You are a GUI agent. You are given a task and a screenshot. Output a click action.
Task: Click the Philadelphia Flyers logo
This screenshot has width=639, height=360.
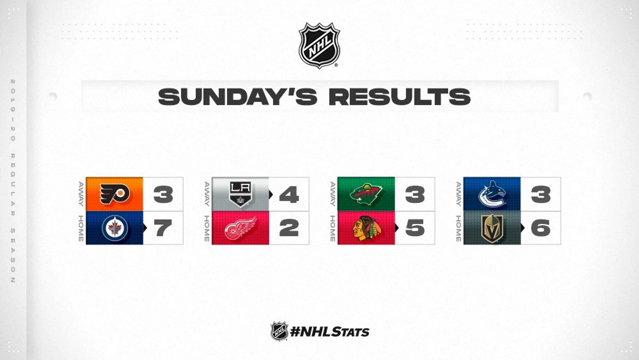tap(115, 194)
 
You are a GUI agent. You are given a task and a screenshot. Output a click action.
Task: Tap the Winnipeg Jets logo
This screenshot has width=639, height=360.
tap(115, 228)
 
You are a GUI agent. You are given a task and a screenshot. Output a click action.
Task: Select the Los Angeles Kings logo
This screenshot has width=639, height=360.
tap(240, 194)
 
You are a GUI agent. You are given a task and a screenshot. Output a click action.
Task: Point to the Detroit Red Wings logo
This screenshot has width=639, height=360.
tap(240, 228)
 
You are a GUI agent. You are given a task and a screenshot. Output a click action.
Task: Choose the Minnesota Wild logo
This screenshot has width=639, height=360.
tap(366, 194)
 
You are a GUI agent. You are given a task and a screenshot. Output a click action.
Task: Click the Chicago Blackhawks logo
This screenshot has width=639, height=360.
tap(366, 228)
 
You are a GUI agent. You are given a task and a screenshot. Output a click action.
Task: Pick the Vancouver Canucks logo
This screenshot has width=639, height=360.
tap(492, 194)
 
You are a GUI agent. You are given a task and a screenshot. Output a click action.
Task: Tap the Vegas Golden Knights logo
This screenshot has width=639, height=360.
tap(492, 228)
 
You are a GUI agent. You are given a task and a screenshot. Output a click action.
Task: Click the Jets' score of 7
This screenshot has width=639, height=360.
tap(163, 228)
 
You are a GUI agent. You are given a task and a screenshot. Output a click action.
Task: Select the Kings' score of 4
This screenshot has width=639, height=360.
tap(289, 194)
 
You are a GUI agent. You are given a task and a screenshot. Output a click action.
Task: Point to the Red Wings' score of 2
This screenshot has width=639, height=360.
tap(289, 228)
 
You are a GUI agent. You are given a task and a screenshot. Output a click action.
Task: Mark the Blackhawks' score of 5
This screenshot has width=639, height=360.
tap(415, 228)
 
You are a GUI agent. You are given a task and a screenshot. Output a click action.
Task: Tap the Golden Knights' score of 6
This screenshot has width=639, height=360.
tap(541, 228)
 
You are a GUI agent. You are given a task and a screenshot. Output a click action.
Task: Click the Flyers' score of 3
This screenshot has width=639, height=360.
tap(163, 194)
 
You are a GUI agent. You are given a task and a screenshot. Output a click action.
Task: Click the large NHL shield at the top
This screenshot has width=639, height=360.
tap(319, 46)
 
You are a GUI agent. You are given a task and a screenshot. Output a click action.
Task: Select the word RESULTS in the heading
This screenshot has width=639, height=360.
tap(400, 97)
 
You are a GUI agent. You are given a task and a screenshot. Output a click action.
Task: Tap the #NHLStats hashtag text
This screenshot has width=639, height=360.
tap(330, 332)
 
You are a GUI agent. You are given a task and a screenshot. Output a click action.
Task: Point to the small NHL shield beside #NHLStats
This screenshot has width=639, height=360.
tap(279, 331)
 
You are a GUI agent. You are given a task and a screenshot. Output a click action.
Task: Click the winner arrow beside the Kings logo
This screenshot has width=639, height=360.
tap(271, 194)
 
